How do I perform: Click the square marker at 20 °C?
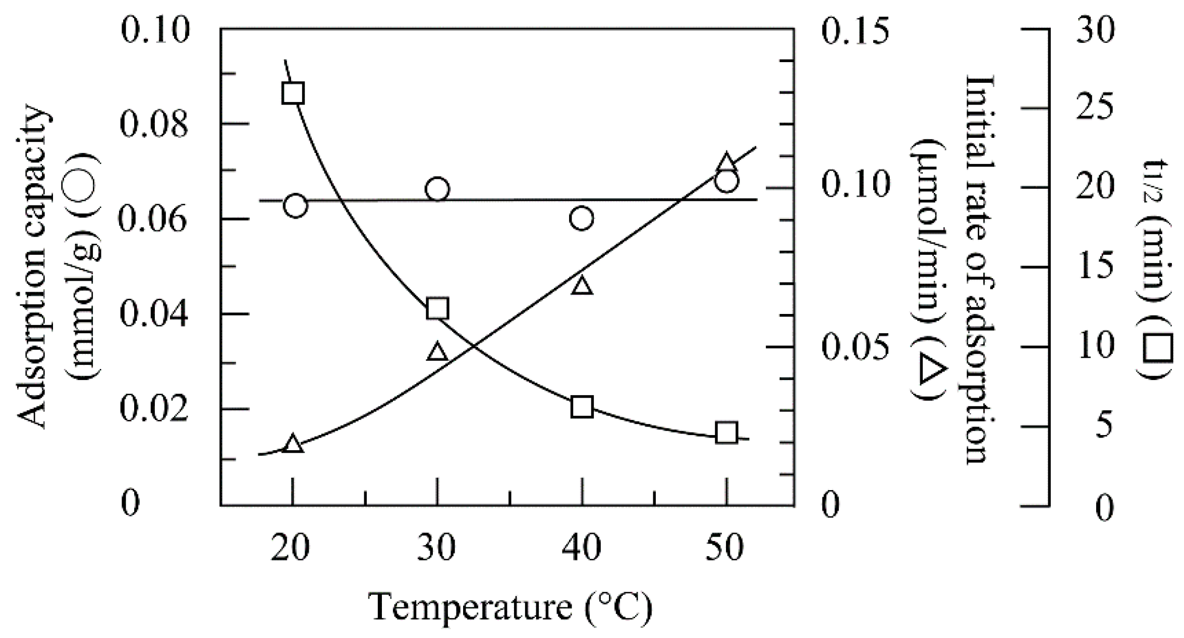coord(293,93)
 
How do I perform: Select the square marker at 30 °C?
coord(437,308)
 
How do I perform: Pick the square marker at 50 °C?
coord(726,433)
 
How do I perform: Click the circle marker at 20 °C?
coord(296,205)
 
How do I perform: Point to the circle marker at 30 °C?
coord(437,190)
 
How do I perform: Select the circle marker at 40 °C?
coord(582,218)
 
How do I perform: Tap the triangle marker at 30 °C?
coord(437,352)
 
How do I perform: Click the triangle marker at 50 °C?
coord(726,163)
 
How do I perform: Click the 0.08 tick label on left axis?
coord(153,124)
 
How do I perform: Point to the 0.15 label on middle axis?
coord(855,31)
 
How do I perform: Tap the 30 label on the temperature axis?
coord(436,549)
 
